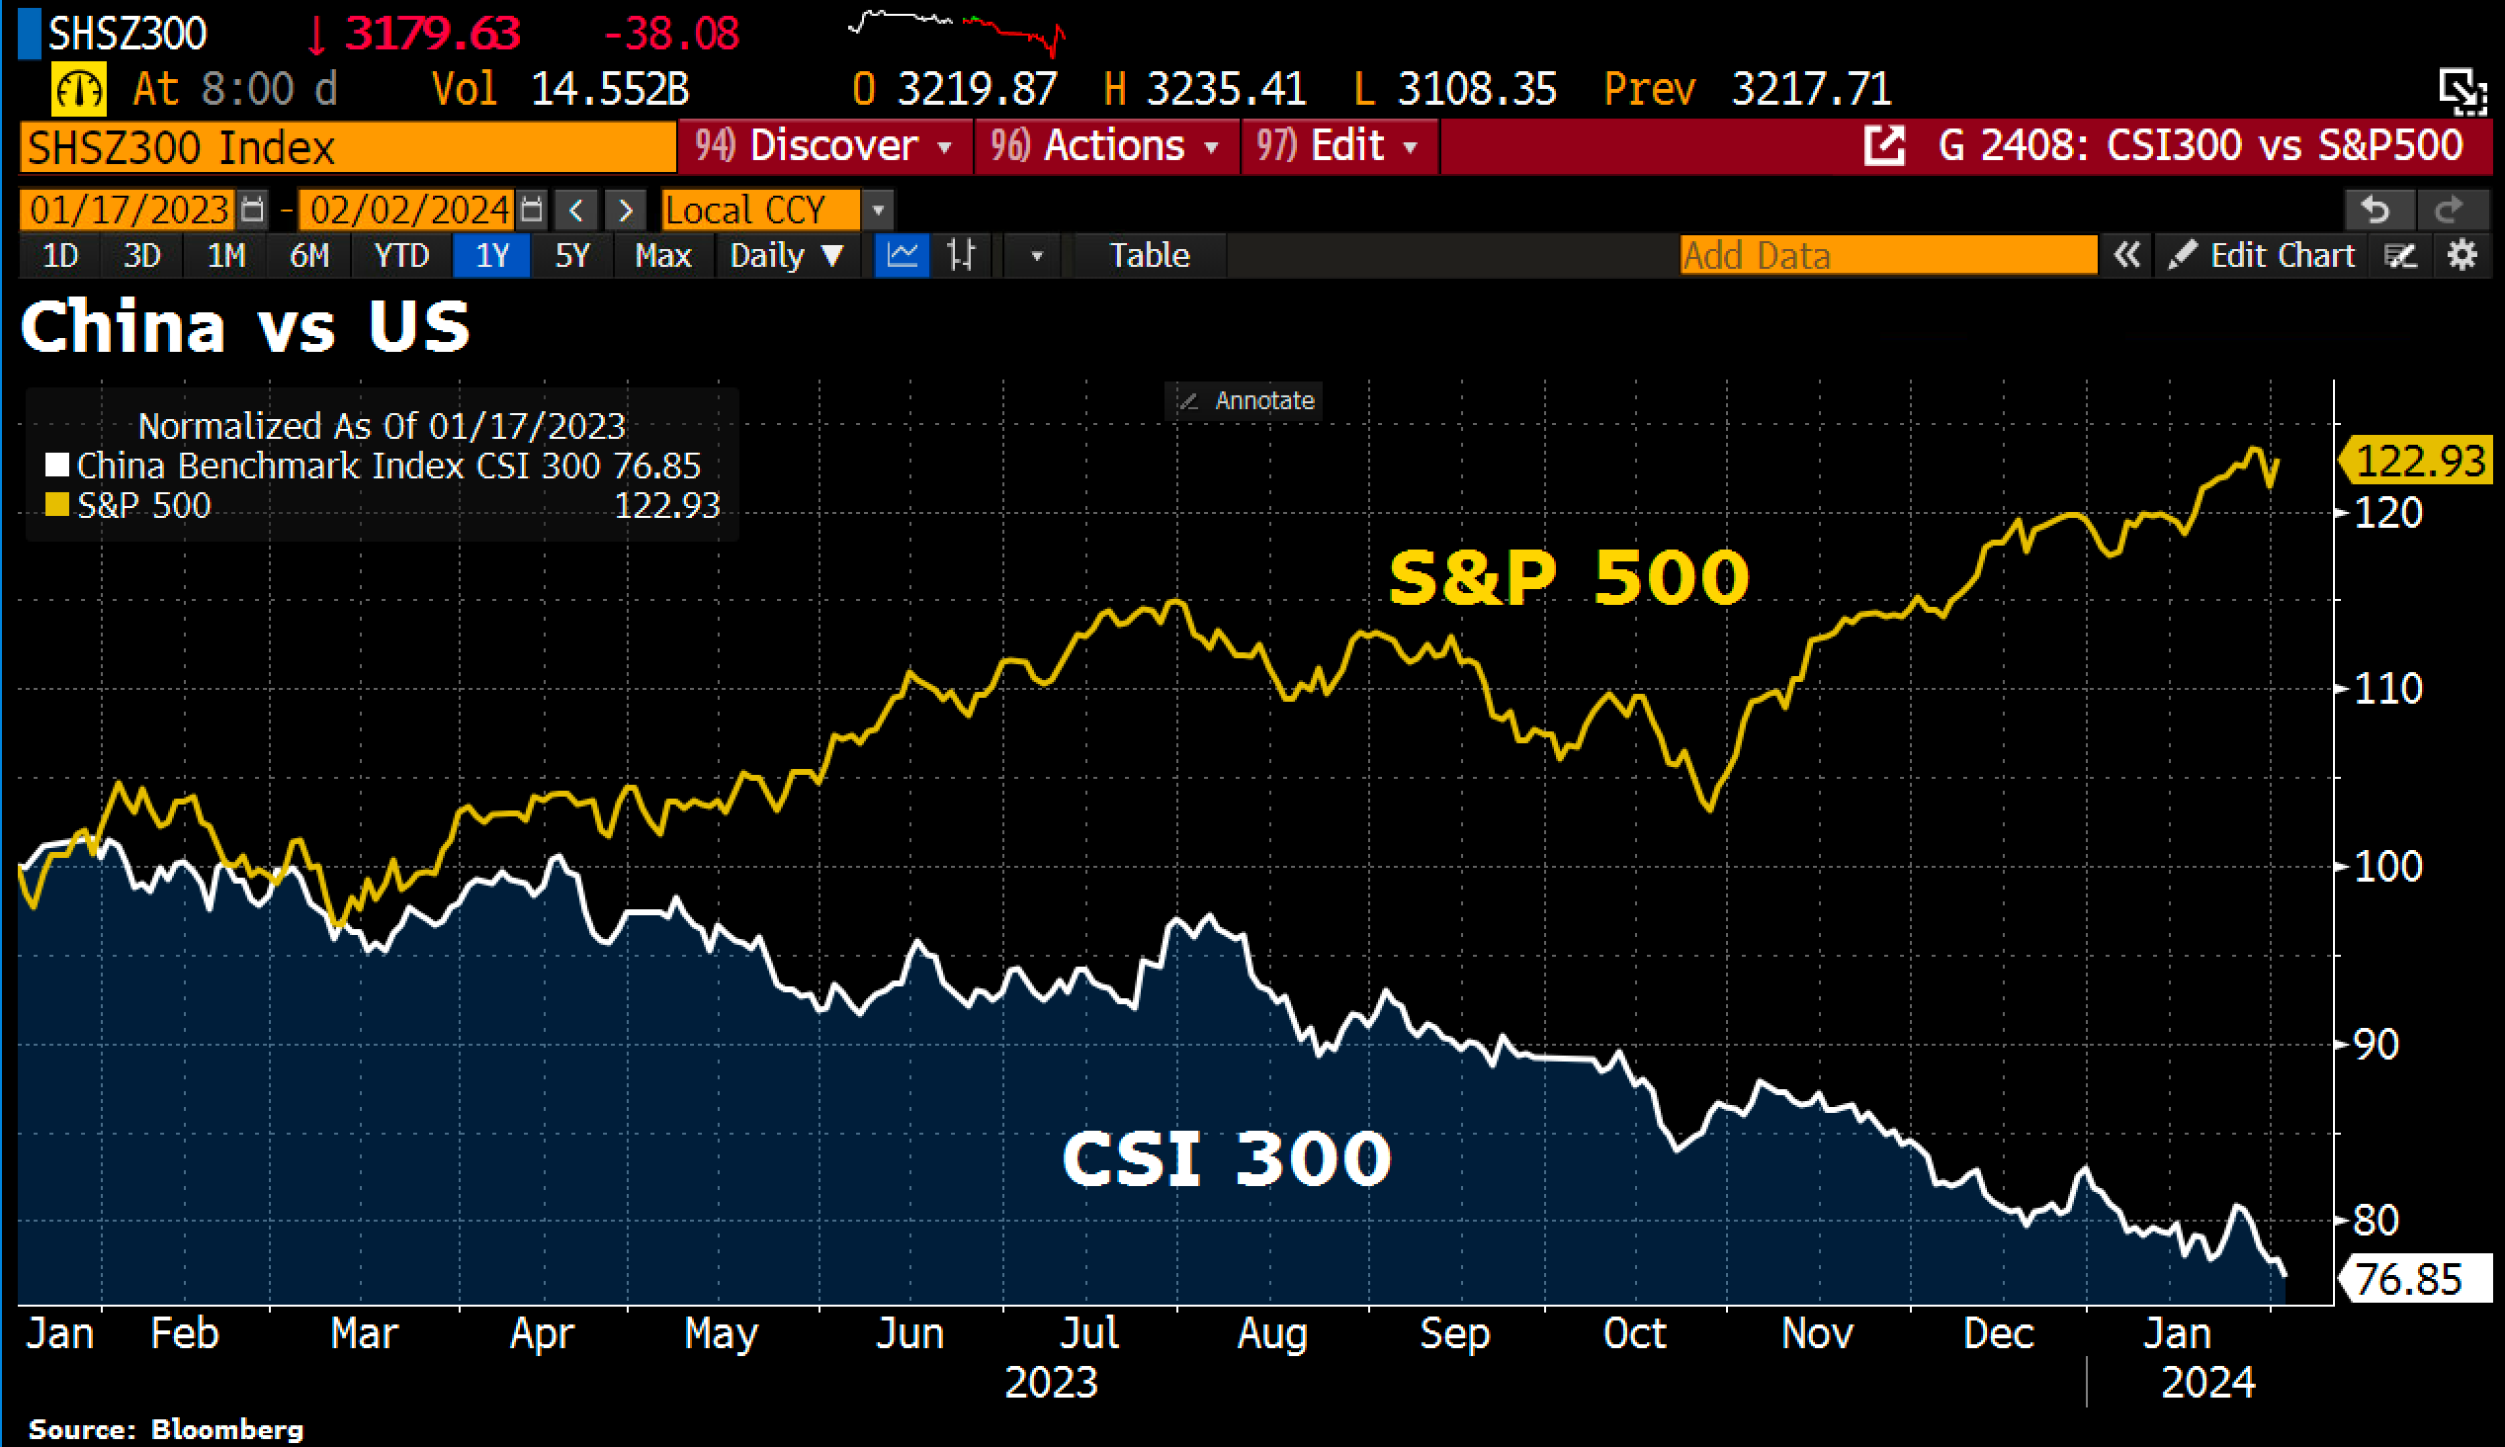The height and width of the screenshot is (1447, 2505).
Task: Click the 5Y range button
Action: click(x=571, y=255)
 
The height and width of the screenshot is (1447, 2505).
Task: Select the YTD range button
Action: click(x=401, y=255)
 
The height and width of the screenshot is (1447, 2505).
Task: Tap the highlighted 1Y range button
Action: click(x=492, y=255)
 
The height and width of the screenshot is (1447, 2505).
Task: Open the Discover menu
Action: click(x=823, y=146)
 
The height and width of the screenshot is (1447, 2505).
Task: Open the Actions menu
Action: click(x=1106, y=146)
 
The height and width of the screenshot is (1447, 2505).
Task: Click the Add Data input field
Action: click(x=1887, y=255)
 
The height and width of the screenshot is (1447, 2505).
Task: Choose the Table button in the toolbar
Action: click(x=1149, y=255)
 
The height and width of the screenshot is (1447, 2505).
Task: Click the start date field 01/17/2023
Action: click(x=130, y=210)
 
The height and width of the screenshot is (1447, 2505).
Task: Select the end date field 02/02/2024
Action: click(x=408, y=210)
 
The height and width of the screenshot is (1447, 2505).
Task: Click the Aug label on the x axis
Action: click(x=1272, y=1333)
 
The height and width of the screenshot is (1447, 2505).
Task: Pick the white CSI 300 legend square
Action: click(x=56, y=466)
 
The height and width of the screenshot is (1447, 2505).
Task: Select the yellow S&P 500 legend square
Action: click(x=56, y=505)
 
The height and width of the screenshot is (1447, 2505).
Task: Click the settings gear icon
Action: click(x=2462, y=255)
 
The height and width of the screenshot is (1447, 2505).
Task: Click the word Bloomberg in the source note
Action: click(x=241, y=1429)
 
